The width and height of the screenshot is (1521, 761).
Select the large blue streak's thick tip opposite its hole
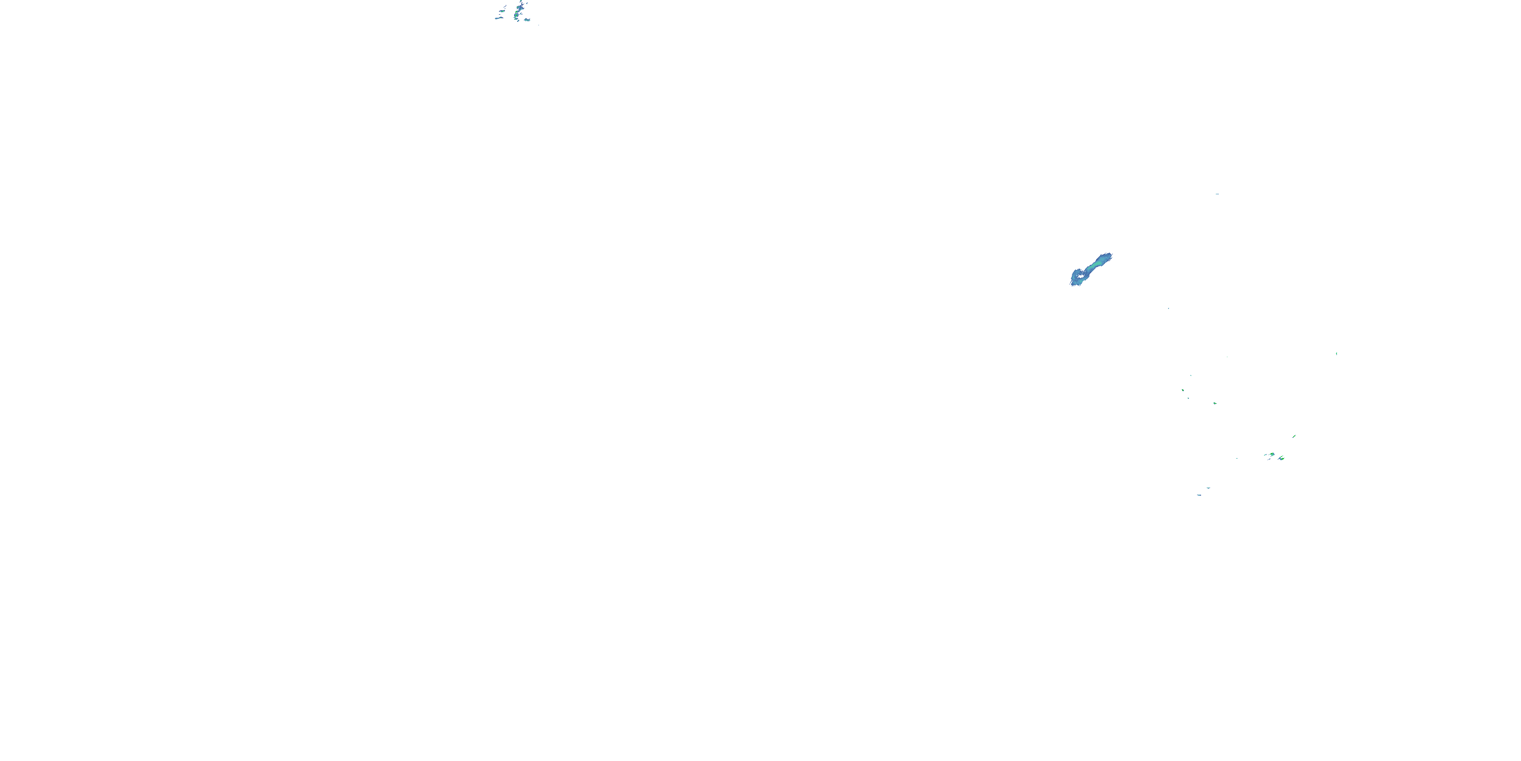(x=1106, y=258)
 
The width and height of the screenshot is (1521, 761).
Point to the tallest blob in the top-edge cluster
(x=520, y=8)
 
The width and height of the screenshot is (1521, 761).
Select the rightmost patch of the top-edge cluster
(x=527, y=19)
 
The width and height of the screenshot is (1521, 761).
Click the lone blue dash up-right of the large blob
(x=1217, y=194)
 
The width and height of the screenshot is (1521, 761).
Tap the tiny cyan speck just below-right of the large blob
(x=1168, y=308)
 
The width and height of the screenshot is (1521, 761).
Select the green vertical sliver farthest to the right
(x=1336, y=353)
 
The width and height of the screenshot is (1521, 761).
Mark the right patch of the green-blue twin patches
(x=1281, y=458)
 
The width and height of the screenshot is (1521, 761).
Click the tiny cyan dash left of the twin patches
(x=1237, y=458)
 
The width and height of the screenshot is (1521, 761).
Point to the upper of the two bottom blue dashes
(x=1209, y=488)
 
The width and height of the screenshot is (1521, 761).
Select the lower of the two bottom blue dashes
(x=1199, y=495)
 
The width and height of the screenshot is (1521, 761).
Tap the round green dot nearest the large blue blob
(x=1183, y=390)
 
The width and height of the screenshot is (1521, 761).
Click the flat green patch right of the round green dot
(x=1215, y=403)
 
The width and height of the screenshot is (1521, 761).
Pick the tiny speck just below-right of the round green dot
(x=1188, y=398)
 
